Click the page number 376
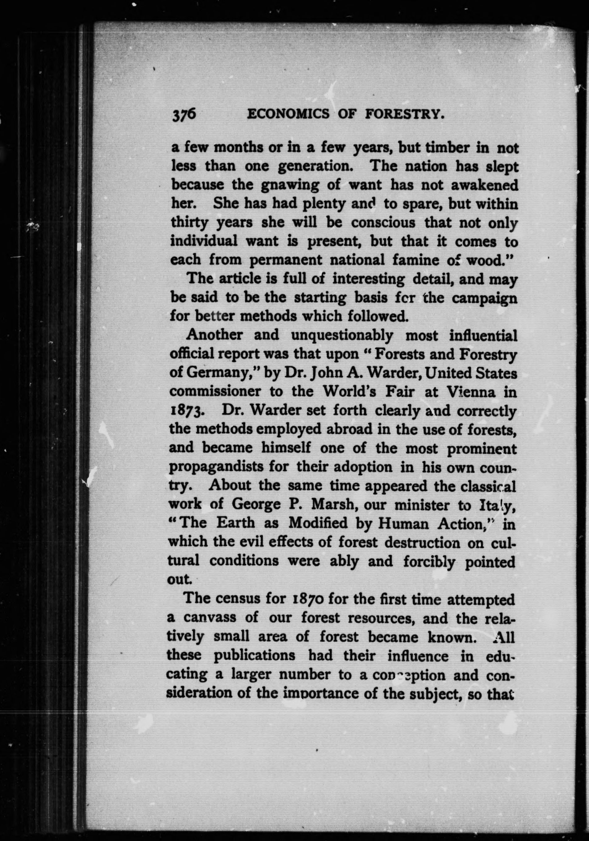(x=184, y=116)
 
